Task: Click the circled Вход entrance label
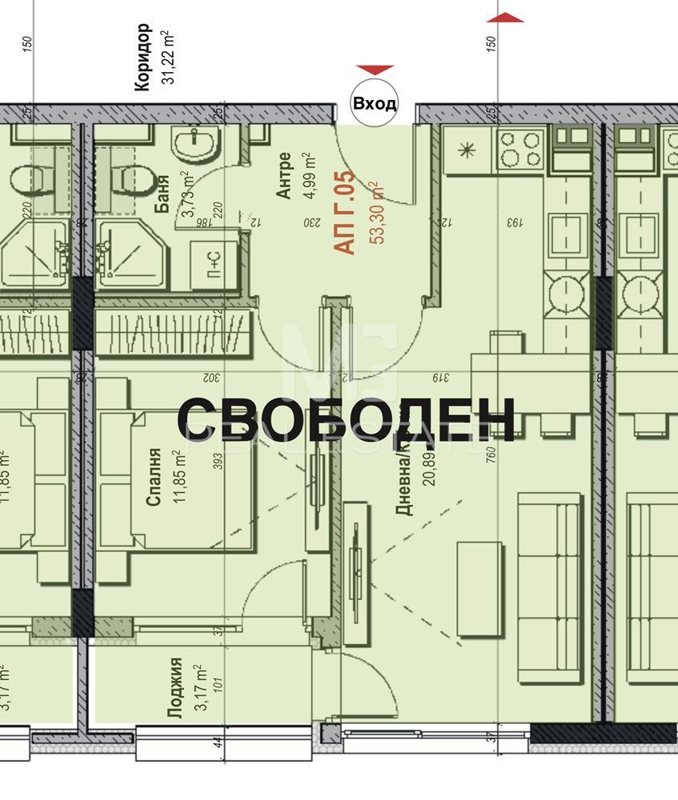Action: coord(375,103)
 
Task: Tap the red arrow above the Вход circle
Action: coord(375,70)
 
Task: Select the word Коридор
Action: coord(142,58)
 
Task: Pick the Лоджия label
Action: coord(175,689)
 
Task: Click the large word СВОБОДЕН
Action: coord(345,419)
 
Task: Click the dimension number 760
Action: coord(491,454)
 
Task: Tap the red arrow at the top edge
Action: coord(504,18)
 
